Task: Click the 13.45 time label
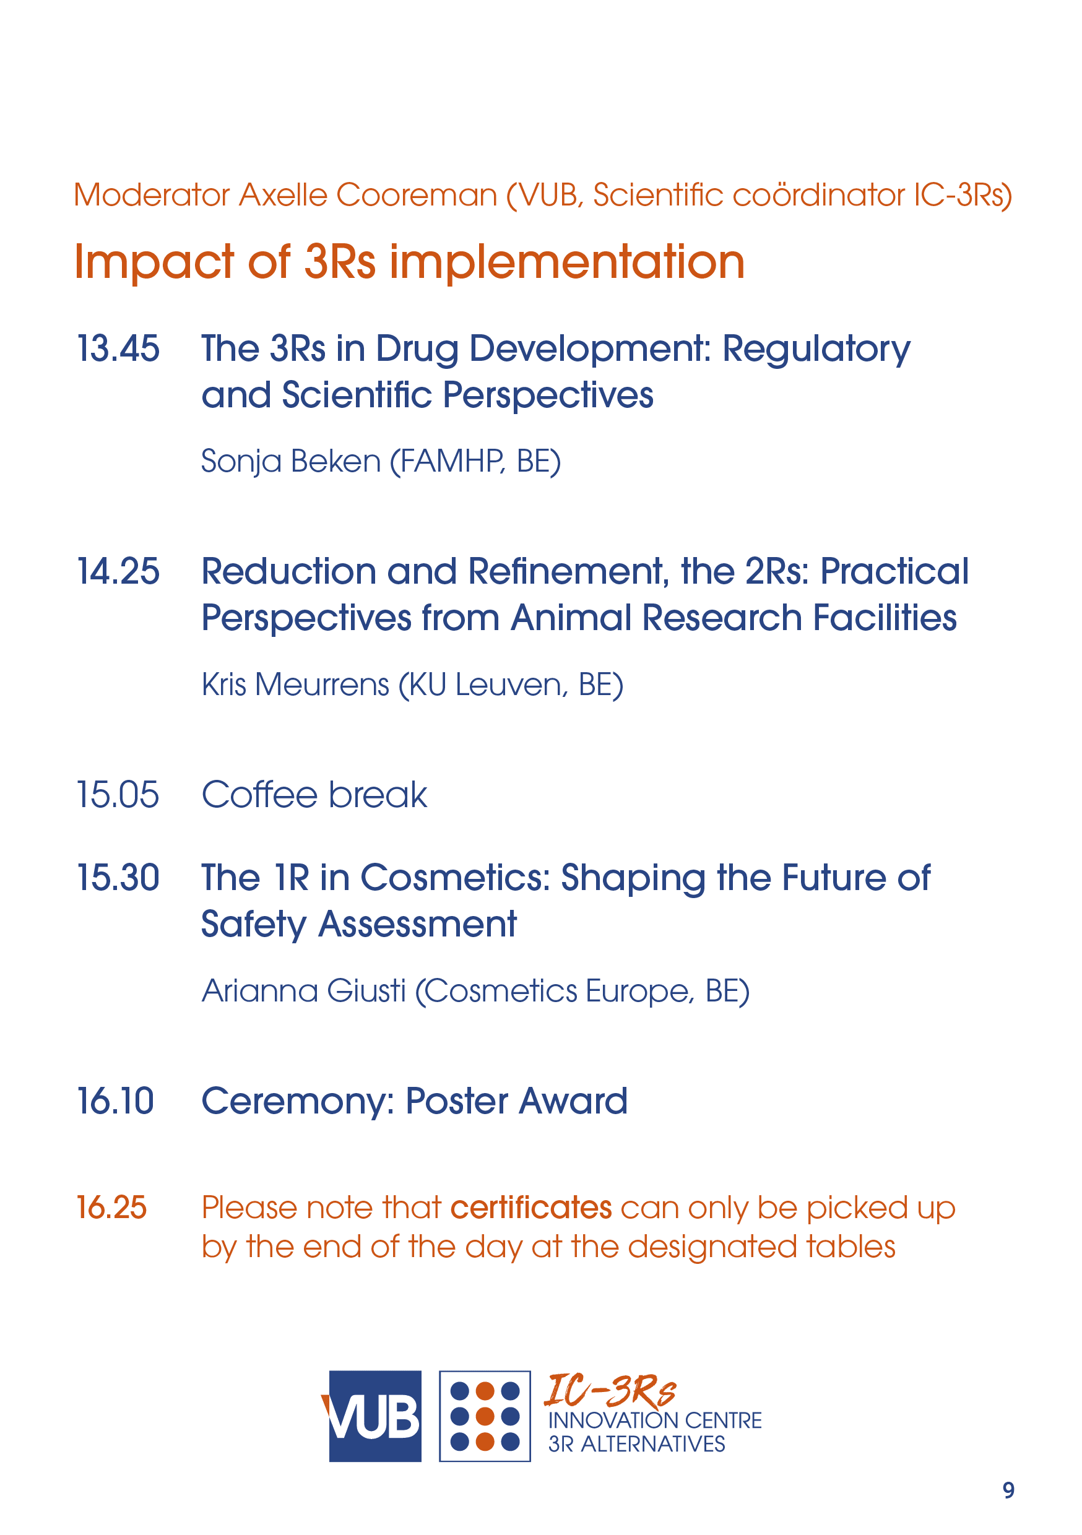pos(118,348)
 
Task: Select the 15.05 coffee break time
pos(118,794)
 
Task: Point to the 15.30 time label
pos(118,877)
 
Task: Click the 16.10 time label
pos(116,1100)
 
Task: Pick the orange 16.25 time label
pos(111,1208)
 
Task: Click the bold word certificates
pos(531,1208)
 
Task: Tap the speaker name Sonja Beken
pos(291,461)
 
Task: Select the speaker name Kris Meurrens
pos(296,684)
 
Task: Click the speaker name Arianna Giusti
pos(303,990)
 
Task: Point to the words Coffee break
pos(314,794)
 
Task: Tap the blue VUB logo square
pos(375,1416)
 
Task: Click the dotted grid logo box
pos(485,1416)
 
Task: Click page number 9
pos(1008,1490)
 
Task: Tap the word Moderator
pos(152,195)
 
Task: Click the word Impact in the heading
pos(154,262)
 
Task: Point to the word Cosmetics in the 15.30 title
pos(455,877)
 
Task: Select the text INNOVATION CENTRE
pos(655,1420)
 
